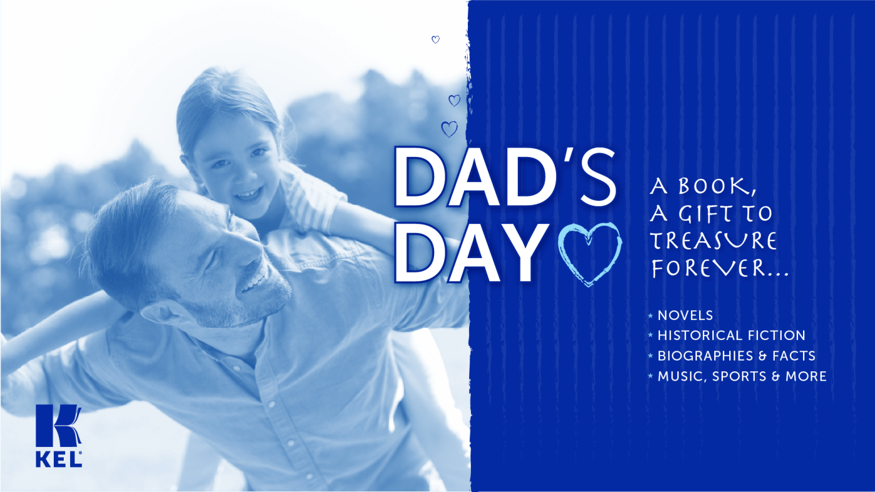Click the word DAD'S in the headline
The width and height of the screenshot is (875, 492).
click(505, 176)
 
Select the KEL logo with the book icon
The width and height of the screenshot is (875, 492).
click(59, 435)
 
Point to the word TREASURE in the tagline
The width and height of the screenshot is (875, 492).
click(714, 241)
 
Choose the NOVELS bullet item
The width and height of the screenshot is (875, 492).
click(685, 315)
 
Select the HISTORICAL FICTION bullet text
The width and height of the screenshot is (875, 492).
click(731, 336)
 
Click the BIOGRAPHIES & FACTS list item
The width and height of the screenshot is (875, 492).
click(736, 356)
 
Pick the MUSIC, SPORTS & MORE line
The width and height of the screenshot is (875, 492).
click(742, 376)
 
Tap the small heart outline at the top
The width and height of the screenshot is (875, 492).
click(435, 39)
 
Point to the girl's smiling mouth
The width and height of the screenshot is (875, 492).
click(249, 193)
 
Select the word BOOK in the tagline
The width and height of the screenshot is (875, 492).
click(717, 186)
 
